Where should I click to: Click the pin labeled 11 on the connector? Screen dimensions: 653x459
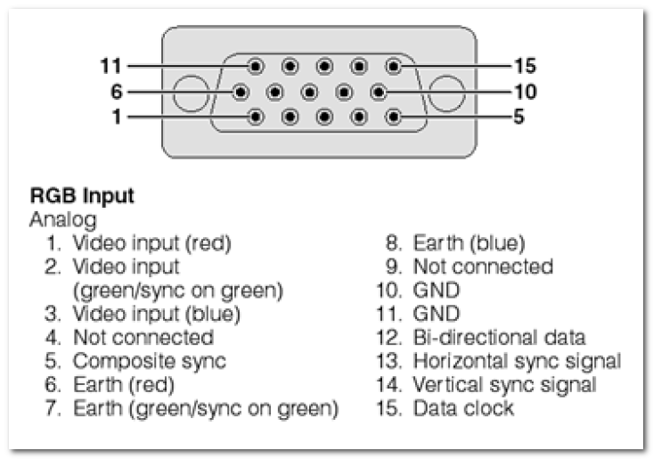(x=256, y=66)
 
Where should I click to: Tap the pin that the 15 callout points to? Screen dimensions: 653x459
(x=394, y=66)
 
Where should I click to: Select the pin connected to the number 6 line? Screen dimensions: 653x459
(x=241, y=92)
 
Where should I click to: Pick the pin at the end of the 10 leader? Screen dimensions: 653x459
(x=378, y=92)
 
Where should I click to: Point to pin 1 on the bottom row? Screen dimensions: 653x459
(x=256, y=117)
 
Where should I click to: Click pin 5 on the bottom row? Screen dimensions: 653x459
(x=394, y=117)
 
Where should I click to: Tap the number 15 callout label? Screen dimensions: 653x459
(x=525, y=66)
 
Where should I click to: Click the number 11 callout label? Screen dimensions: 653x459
(x=110, y=66)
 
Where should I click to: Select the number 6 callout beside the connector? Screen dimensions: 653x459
(x=117, y=92)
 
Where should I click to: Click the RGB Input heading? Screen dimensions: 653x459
(x=82, y=196)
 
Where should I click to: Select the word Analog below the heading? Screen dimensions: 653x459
(x=63, y=220)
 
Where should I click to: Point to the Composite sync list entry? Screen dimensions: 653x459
(x=135, y=362)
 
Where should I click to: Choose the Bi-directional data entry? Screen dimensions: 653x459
(x=481, y=338)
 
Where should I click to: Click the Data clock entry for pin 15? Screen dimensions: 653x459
(x=445, y=408)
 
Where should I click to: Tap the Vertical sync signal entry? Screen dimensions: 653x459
(x=486, y=385)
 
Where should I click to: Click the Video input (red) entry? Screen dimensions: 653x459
(x=139, y=243)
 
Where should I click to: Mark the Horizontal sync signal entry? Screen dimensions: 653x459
(x=499, y=362)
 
